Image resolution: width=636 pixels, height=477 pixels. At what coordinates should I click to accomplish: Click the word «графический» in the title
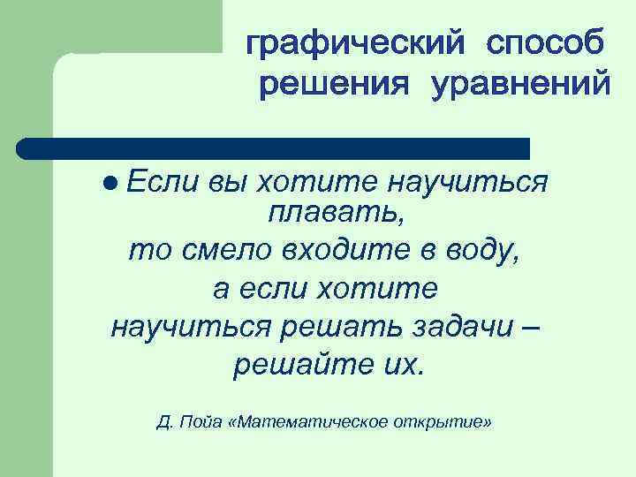[x=353, y=42]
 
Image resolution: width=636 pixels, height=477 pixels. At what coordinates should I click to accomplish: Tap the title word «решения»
[x=336, y=87]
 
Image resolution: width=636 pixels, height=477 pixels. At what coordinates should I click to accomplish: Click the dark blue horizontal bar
[x=274, y=147]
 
